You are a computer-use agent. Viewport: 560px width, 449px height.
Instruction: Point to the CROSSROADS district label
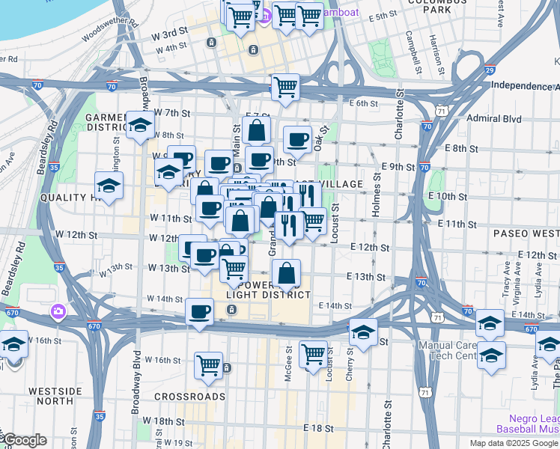coord(190,396)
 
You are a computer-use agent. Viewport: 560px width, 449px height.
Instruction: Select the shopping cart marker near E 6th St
coord(285,87)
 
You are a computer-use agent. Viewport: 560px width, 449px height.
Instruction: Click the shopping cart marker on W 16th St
coord(208,366)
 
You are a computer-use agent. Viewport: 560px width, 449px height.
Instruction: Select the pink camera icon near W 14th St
coord(58,311)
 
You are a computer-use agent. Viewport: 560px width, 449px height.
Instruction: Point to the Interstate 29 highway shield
coord(489,70)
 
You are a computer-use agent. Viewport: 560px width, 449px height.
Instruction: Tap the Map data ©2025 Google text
coord(513,443)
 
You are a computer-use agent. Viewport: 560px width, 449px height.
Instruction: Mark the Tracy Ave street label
coord(507,277)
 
